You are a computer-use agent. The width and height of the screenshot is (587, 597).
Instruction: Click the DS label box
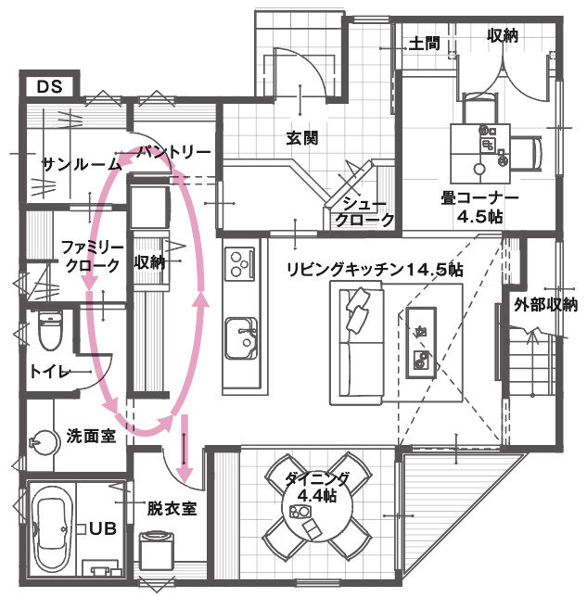(48, 86)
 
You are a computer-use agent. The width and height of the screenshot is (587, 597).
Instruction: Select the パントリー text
(174, 151)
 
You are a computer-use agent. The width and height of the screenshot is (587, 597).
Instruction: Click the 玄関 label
(301, 139)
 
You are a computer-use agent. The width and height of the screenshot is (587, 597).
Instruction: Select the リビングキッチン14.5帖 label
(375, 269)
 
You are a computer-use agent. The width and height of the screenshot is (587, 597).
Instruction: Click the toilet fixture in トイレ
(50, 329)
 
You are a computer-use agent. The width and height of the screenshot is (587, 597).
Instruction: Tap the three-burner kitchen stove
(240, 261)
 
